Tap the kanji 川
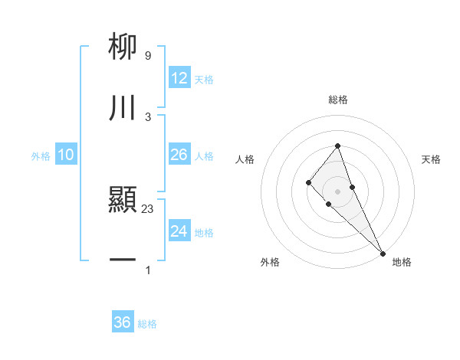(x=123, y=108)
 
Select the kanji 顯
(x=123, y=201)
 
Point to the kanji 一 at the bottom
(x=123, y=261)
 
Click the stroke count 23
(x=148, y=208)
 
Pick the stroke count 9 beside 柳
(x=147, y=55)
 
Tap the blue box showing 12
(x=179, y=78)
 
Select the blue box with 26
(x=179, y=155)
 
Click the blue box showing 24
(x=179, y=231)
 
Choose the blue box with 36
(x=123, y=322)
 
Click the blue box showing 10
(x=66, y=155)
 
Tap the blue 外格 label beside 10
(x=41, y=155)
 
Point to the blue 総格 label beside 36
(x=147, y=324)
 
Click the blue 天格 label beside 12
(x=204, y=80)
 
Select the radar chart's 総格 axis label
(x=337, y=100)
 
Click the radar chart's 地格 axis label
(x=402, y=262)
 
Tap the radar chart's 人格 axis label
(x=245, y=159)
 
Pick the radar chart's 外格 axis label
(x=270, y=262)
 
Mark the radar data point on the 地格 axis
(x=383, y=254)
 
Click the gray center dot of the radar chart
(x=337, y=191)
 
